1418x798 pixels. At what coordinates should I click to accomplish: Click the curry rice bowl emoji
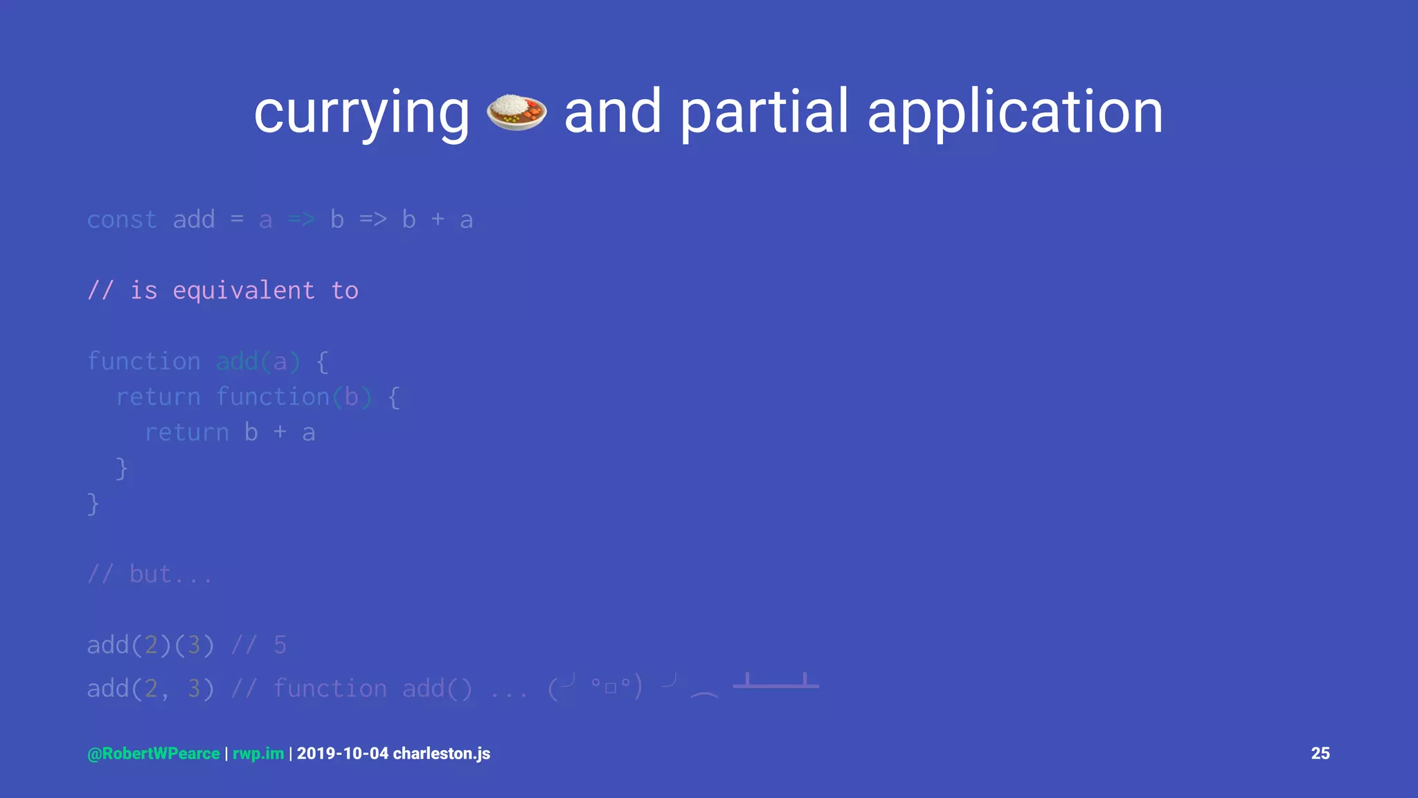click(517, 112)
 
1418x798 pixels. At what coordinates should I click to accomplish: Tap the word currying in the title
click(361, 113)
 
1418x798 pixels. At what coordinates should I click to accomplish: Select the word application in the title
click(1015, 113)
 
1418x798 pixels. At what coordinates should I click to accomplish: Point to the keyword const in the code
click(122, 220)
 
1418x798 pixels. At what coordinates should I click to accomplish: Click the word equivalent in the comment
click(243, 291)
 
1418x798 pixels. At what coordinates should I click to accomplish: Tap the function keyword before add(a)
click(143, 362)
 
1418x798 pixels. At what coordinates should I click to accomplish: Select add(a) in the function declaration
click(258, 362)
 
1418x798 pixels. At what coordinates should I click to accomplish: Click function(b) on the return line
click(294, 397)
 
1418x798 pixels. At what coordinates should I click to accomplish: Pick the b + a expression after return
click(280, 433)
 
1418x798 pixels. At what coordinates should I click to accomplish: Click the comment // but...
click(150, 574)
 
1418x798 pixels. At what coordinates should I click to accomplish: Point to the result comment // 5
click(258, 646)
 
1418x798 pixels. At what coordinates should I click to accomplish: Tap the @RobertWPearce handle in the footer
click(154, 754)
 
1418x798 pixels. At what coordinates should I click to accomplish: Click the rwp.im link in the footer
click(258, 754)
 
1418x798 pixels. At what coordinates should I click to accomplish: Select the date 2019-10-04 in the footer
click(343, 754)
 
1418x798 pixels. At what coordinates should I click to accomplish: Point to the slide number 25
click(1320, 754)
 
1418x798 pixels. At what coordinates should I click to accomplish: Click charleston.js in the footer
click(442, 754)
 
